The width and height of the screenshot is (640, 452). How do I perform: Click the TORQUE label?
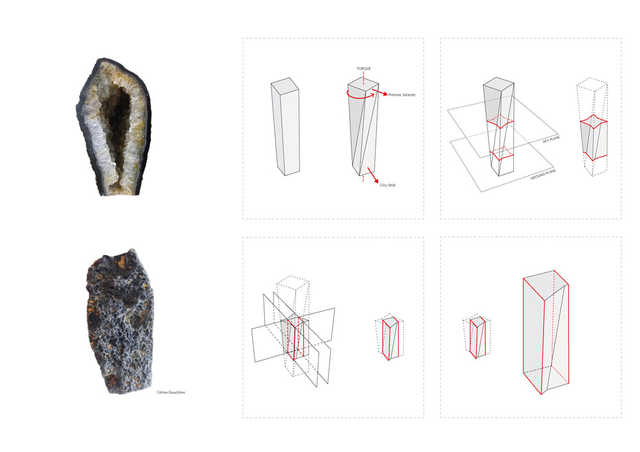pos(364,68)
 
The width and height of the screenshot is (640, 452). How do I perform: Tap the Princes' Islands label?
pos(402,95)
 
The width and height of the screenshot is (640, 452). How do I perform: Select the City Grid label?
pos(387,185)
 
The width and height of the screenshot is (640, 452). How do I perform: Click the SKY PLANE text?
pos(552,139)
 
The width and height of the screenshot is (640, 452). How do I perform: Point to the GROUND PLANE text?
pos(543,175)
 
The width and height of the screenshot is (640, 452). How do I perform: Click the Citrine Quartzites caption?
pos(171,393)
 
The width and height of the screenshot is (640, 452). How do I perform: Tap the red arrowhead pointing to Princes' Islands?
pos(385,94)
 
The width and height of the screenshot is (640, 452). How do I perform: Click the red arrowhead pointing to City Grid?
pos(376,180)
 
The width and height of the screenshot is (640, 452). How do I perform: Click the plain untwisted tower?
pos(285,127)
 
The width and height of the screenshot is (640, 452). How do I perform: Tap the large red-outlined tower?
pos(546,332)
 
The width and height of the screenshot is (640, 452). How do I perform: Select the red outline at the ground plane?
pos(502,154)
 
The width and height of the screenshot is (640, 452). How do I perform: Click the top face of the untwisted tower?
pos(285,83)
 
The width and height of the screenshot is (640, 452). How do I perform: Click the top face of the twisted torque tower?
pos(364,84)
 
